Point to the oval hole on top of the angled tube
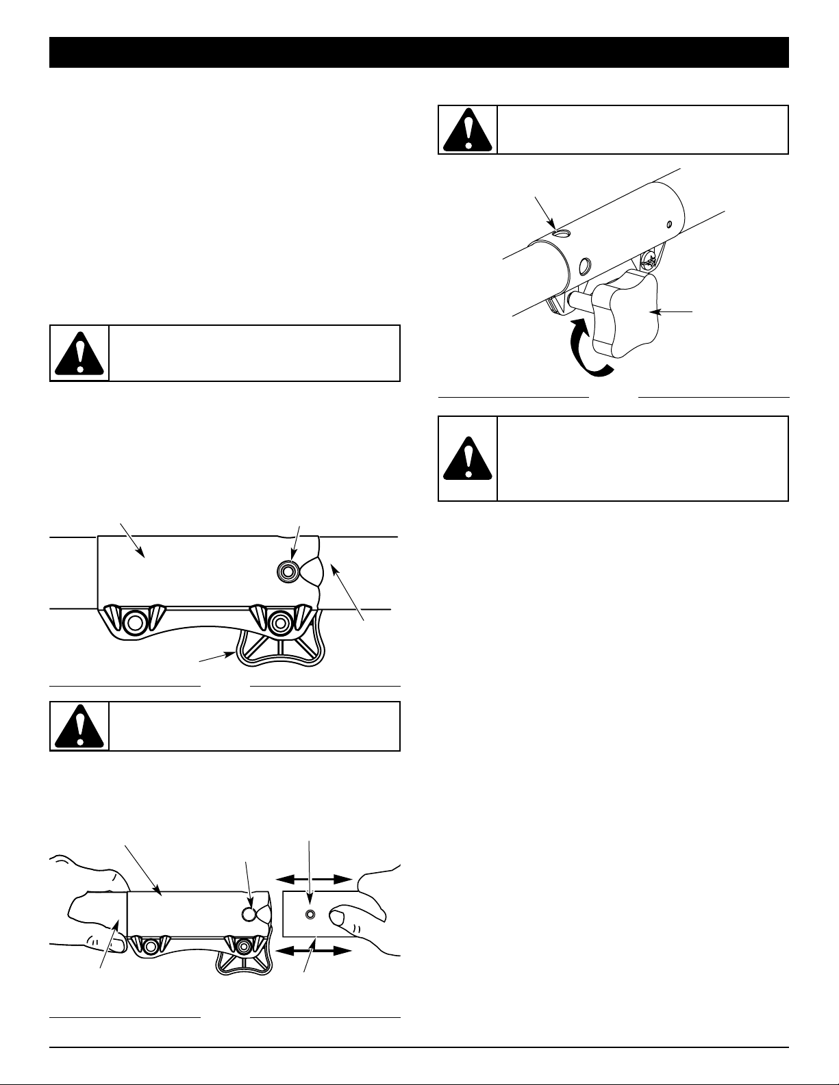pyautogui.click(x=561, y=233)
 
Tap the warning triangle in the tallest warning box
pyautogui.click(x=468, y=458)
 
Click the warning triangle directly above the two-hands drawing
pyautogui.click(x=79, y=726)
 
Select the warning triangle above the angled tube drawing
pyautogui.click(x=468, y=129)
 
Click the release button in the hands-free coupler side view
pyautogui.click(x=287, y=569)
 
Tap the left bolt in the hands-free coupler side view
pyautogui.click(x=134, y=622)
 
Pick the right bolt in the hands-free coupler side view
pyautogui.click(x=279, y=622)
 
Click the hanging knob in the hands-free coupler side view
pyautogui.click(x=279, y=649)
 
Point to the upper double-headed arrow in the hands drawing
pyautogui.click(x=314, y=878)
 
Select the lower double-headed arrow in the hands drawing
pyautogui.click(x=314, y=950)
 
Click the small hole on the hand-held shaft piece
pyautogui.click(x=311, y=915)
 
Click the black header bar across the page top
pyautogui.click(x=419, y=53)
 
